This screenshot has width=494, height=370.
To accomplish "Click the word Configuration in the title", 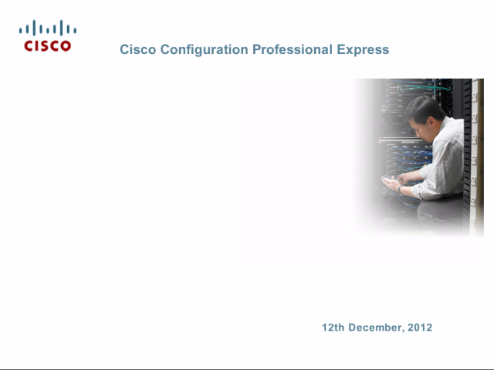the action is click(204, 50).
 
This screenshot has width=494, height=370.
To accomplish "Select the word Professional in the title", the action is click(293, 50).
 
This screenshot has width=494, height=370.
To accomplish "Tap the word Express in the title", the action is click(363, 50).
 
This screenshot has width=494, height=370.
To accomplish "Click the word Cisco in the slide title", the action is click(138, 49).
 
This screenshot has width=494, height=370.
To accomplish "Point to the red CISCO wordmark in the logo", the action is click(48, 46).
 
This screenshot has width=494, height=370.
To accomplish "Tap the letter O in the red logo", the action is click(66, 46).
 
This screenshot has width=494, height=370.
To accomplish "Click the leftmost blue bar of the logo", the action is click(21, 30).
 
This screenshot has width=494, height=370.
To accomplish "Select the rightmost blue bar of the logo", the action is click(75, 30).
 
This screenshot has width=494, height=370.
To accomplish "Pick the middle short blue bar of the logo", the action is click(48, 30).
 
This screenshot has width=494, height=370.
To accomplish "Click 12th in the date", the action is click(333, 327).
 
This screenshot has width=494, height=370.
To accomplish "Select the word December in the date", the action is click(377, 328).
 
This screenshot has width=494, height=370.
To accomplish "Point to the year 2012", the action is click(420, 327).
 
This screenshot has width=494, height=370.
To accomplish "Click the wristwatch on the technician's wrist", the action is click(400, 189).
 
